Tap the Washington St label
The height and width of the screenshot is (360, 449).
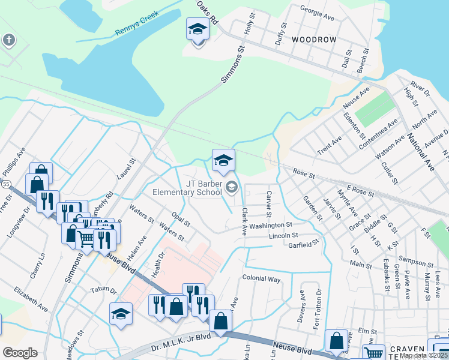coord(271,225)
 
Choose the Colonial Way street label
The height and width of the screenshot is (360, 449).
coord(261,279)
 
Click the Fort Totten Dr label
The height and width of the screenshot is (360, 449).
coord(318,304)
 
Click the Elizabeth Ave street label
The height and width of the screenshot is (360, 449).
coord(31,298)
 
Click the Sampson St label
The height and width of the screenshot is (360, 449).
coord(417,263)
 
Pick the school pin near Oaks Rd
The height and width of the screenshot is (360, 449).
coord(197,29)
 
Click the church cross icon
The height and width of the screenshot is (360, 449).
coord(8,40)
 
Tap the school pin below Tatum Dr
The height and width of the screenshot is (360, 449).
coord(121,314)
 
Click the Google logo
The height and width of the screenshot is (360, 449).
coord(20,353)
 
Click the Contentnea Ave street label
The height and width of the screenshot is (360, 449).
coord(379,134)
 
